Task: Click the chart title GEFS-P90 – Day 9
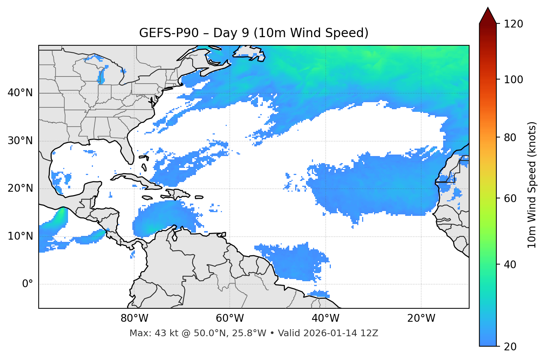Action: coord(254,33)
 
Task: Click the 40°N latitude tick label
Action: coord(20,93)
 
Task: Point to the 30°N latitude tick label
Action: coord(20,141)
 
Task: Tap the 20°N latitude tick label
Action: coord(20,188)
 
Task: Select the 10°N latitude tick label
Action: coord(20,236)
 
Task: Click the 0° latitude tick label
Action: coord(28,284)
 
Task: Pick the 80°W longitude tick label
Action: coord(134,318)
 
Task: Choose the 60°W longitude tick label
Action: coord(230,318)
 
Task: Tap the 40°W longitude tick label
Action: coord(325,318)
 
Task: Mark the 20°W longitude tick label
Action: coord(421,318)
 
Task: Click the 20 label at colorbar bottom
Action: coord(510,347)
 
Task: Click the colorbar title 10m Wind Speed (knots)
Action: coord(532,185)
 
